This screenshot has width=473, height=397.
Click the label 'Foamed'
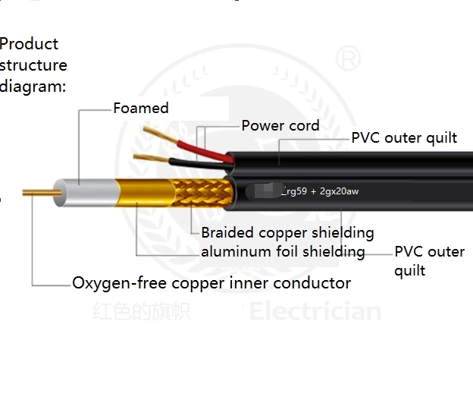click(141, 108)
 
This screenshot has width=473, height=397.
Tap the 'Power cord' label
click(280, 125)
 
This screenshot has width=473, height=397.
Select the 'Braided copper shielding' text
click(287, 232)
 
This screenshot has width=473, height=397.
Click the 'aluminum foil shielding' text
click(282, 251)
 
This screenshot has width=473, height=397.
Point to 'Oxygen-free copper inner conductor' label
click(211, 283)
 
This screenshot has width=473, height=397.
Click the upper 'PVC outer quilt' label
click(404, 137)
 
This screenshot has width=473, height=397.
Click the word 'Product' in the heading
click(29, 44)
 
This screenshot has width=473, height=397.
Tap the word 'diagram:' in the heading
click(33, 86)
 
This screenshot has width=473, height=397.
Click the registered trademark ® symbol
click(347, 58)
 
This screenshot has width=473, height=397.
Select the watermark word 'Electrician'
click(315, 311)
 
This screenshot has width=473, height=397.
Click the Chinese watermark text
click(142, 311)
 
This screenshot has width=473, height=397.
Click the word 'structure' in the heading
click(33, 65)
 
